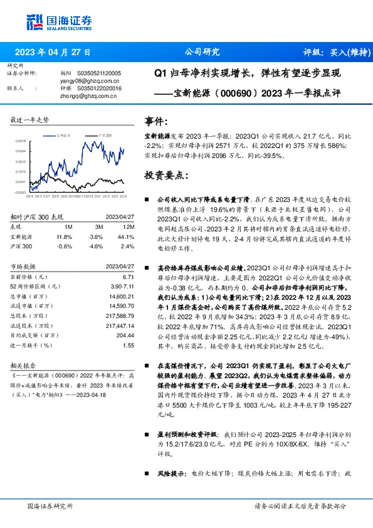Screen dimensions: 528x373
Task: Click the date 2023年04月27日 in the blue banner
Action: pyautogui.click(x=52, y=53)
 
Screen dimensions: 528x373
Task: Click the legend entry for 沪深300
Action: pyautogui.click(x=103, y=135)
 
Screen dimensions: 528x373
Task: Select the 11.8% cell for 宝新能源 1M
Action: pyautogui.click(x=65, y=237)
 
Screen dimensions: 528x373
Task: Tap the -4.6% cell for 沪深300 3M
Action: pyautogui.click(x=95, y=247)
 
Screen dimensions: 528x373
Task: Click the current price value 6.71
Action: pyautogui.click(x=129, y=277)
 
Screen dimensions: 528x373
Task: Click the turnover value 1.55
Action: pyautogui.click(x=129, y=345)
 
